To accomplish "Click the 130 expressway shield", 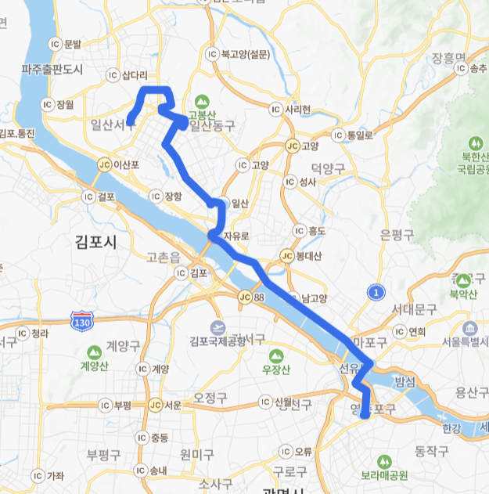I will click(x=81, y=321).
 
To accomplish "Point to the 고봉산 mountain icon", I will click(x=202, y=101).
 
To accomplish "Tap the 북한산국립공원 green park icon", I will click(x=474, y=144).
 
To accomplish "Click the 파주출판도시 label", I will click(x=52, y=70).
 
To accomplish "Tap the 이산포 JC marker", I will click(x=105, y=165).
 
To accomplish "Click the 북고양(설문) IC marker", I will click(x=212, y=54).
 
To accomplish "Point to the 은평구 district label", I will click(x=396, y=234).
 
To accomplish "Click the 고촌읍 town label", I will click(x=164, y=256).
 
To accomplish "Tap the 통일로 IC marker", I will click(x=338, y=135).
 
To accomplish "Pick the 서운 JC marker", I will click(x=155, y=405).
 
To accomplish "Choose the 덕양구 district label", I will click(x=328, y=168).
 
